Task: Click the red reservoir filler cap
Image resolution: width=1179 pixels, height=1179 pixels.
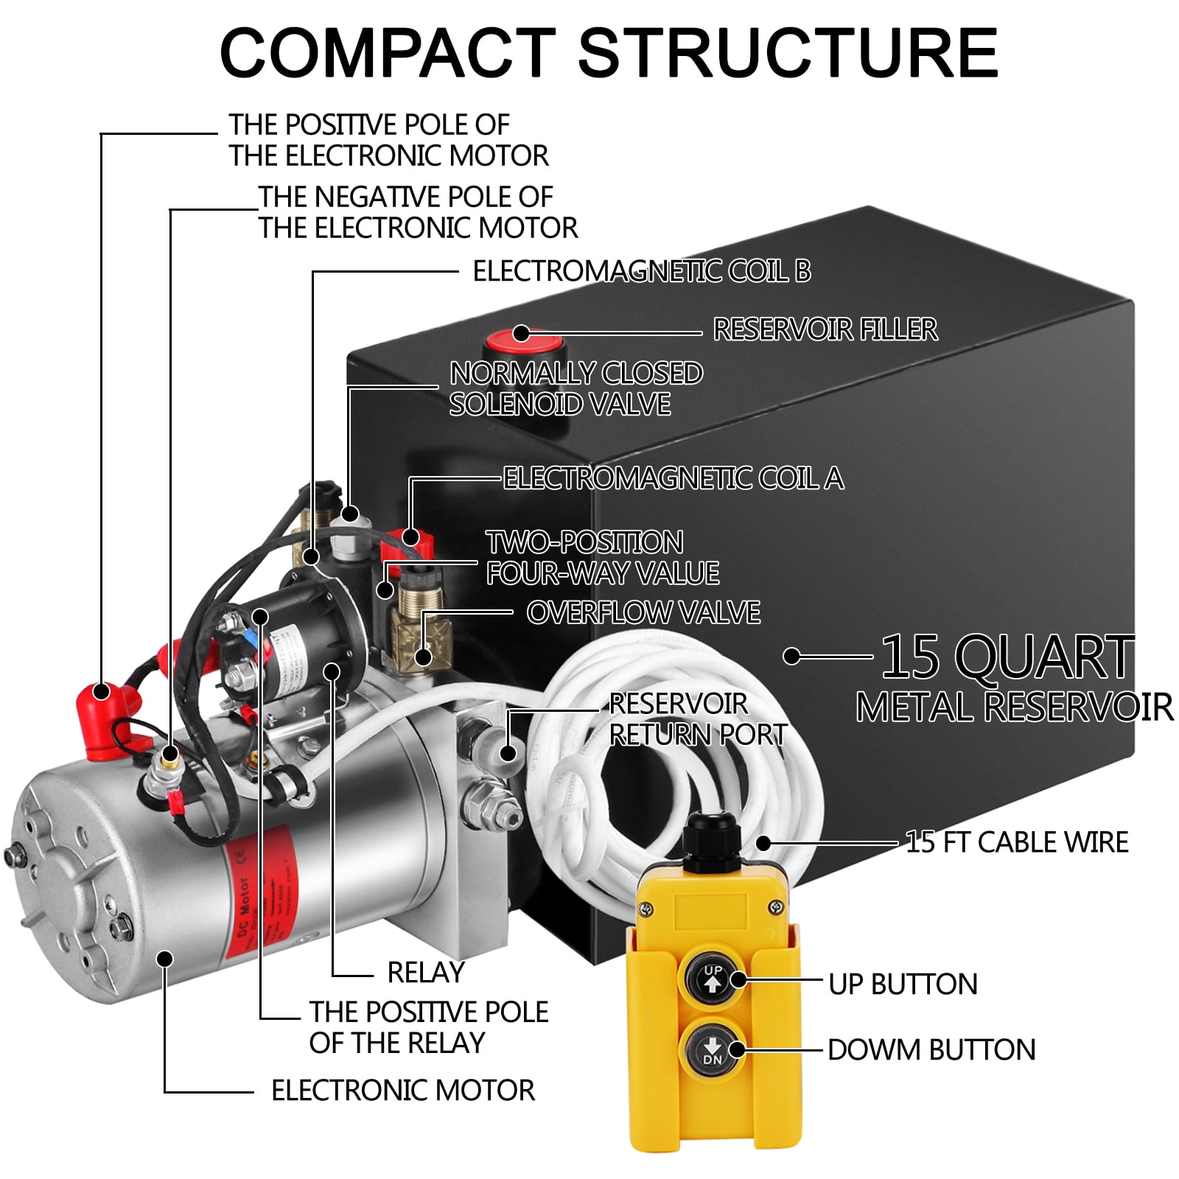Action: point(525,343)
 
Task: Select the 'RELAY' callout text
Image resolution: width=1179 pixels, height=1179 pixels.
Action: point(426,973)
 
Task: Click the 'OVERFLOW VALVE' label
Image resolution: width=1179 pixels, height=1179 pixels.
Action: point(643,612)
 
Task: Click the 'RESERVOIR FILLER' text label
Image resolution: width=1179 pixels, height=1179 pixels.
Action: point(825,329)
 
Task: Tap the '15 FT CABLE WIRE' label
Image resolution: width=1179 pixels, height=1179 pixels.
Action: point(1016,842)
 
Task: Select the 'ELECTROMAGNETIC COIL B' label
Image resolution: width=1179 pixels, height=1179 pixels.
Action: point(641,271)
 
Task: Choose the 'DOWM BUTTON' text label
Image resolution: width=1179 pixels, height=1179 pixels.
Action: point(931,1049)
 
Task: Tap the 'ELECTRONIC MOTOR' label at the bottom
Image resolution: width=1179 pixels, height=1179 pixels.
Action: point(402,1091)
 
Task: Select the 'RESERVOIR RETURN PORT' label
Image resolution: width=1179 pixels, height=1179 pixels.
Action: point(696,719)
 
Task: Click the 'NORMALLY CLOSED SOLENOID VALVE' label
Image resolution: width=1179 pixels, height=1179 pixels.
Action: point(575,388)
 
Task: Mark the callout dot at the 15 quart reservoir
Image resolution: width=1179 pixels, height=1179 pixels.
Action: point(791,656)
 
